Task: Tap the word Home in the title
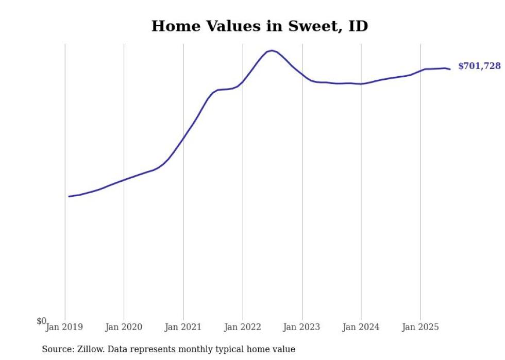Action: [x=174, y=26]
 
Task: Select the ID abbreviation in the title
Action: [x=358, y=26]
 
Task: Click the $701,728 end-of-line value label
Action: [x=479, y=66]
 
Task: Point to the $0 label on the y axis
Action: [x=41, y=321]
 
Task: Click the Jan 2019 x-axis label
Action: [x=64, y=327]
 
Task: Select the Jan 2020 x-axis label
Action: [x=124, y=327]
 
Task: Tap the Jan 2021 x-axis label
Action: [x=183, y=327]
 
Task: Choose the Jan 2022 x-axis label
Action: [x=243, y=327]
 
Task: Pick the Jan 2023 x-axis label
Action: [x=302, y=327]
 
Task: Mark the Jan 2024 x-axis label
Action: [x=361, y=327]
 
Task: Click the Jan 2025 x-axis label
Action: [x=420, y=327]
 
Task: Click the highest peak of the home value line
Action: [x=272, y=50]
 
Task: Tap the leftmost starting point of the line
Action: [x=69, y=196]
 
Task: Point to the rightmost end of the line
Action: [x=450, y=69]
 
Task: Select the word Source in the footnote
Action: [x=56, y=350]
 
